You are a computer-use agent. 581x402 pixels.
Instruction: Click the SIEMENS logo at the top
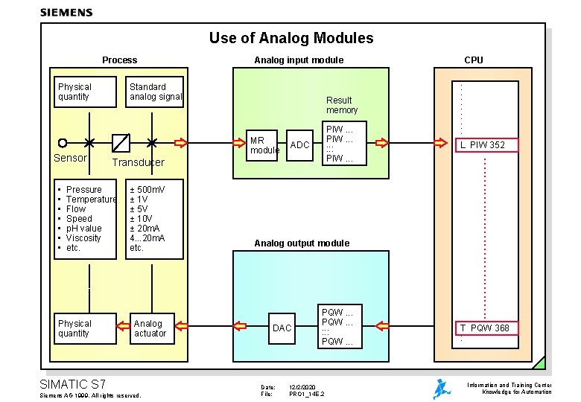[66, 12]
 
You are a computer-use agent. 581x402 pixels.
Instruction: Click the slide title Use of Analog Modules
[291, 38]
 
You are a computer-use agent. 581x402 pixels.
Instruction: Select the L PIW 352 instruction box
[486, 144]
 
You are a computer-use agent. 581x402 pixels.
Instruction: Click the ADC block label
[300, 145]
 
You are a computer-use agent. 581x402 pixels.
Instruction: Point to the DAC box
[282, 328]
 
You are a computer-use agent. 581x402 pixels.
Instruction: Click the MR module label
[264, 145]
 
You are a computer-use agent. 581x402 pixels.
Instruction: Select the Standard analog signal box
[155, 92]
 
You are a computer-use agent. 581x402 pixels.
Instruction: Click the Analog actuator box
[150, 328]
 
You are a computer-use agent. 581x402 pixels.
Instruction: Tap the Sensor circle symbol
[63, 142]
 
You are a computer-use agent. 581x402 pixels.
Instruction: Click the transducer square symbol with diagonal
[121, 142]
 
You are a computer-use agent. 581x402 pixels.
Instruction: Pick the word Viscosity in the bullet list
[83, 238]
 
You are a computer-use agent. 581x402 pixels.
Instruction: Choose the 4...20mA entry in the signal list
[147, 238]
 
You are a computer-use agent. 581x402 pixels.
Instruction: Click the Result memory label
[341, 105]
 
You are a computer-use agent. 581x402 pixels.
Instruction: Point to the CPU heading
[473, 60]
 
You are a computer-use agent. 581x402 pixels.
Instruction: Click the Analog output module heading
[302, 243]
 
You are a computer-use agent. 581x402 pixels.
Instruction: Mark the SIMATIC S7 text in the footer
[72, 384]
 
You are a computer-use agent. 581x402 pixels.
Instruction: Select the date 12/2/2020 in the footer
[304, 387]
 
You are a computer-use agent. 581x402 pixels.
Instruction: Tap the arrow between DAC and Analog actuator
[241, 325]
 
